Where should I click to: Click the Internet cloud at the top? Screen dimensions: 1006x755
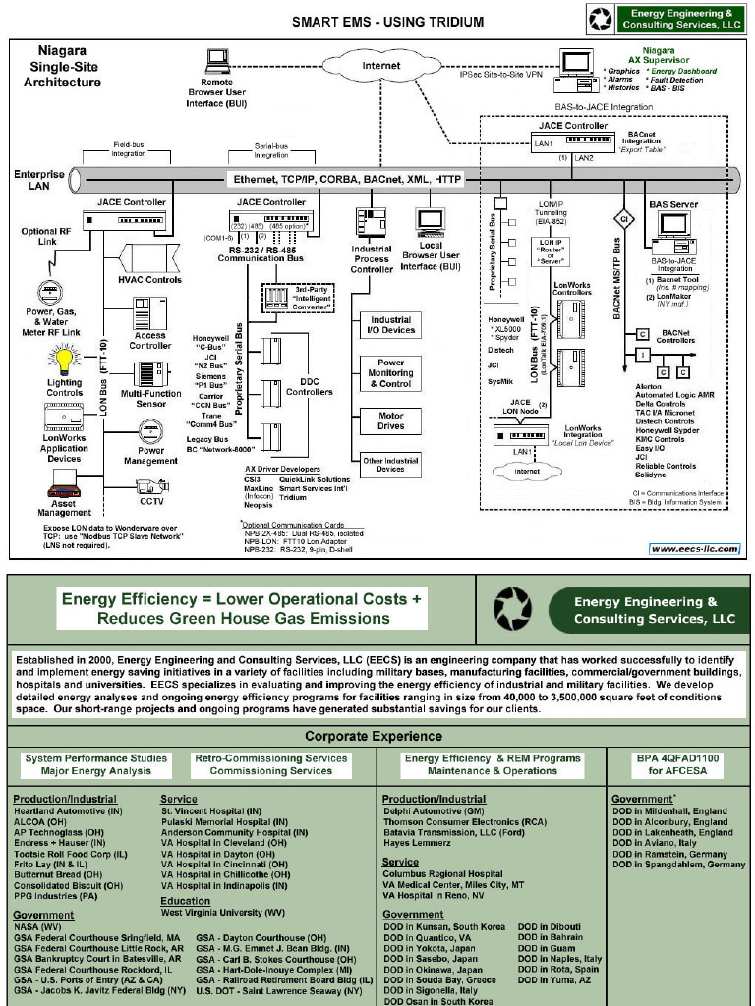381,66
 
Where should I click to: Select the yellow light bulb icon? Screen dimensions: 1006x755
65,359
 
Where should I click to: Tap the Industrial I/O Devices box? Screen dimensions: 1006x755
391,325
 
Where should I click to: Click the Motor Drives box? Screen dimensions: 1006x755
391,420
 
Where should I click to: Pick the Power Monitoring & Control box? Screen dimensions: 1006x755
391,373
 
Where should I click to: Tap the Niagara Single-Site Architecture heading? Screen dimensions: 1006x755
62,66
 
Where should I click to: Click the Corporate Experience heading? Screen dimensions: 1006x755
373,736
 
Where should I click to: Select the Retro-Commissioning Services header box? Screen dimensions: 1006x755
271,764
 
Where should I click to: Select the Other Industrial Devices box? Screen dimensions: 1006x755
389,465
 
